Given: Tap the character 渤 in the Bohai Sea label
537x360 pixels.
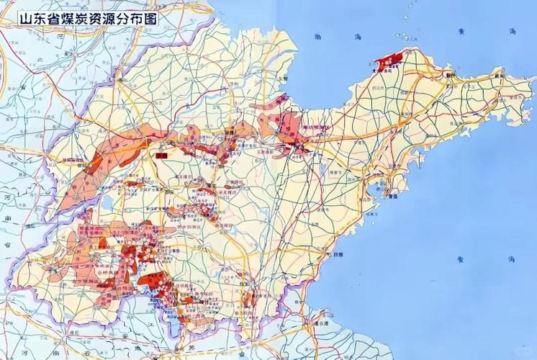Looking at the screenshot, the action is coord(317,36).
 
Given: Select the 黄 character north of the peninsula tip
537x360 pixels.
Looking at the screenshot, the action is coord(452,31).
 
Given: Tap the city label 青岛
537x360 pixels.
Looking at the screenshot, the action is coord(391,195).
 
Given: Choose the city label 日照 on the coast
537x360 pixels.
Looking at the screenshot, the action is coord(336,254).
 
